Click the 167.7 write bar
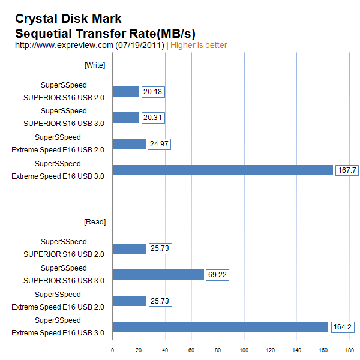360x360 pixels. pos(223,170)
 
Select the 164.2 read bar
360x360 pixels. pos(220,327)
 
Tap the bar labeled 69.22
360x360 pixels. pos(158,275)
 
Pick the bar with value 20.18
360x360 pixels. pos(125,92)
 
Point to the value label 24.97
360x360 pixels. pos(160,144)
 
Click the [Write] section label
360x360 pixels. pos(95,65)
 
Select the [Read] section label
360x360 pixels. pos(95,222)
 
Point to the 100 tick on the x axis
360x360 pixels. pos(244,350)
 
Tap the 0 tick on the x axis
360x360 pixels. pos(113,350)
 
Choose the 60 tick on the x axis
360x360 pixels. pos(191,350)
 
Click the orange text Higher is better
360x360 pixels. pos(199,45)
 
